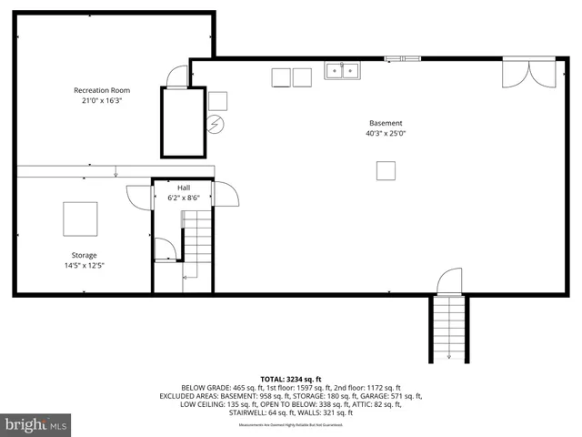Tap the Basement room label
(x=386, y=123)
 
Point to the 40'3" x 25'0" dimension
(x=386, y=134)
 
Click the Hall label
(x=184, y=187)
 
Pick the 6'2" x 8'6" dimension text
(x=184, y=198)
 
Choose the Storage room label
(x=84, y=255)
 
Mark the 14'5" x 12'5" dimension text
(x=84, y=266)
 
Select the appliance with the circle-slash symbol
(x=216, y=124)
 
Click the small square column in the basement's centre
(x=386, y=170)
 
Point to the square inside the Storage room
(x=80, y=218)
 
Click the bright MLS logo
(x=36, y=424)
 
